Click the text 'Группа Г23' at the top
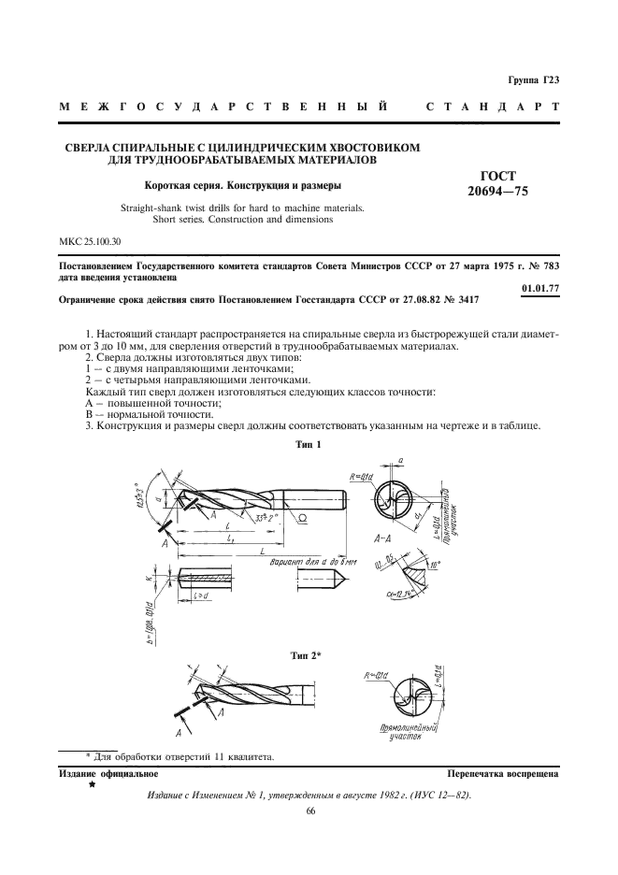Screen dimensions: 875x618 (x=533, y=81)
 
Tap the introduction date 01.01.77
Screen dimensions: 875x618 (x=540, y=287)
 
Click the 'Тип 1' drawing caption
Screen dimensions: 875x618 (x=307, y=445)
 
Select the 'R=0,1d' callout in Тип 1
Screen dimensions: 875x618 (x=362, y=476)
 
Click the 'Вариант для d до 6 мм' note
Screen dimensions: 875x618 (x=311, y=565)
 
